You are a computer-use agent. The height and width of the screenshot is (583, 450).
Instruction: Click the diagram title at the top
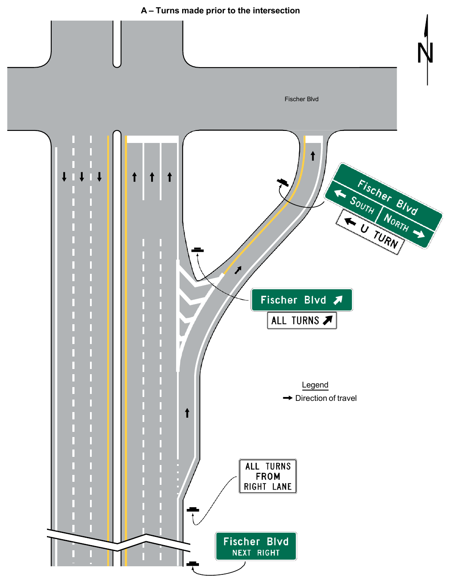(220, 11)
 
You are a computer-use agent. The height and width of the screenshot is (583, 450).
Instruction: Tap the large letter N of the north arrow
(425, 53)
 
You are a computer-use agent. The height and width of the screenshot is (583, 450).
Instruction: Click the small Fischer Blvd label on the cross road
(301, 99)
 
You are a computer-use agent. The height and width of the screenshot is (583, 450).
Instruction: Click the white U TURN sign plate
(370, 232)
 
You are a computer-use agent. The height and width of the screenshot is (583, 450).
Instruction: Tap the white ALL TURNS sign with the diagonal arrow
(302, 320)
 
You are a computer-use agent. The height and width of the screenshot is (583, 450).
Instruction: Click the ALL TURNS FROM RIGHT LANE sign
(268, 476)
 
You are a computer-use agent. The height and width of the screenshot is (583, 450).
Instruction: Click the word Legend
(315, 385)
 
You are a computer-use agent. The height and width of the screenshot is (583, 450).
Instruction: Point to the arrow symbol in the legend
(288, 398)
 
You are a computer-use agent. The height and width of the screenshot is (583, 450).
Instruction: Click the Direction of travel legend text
(326, 398)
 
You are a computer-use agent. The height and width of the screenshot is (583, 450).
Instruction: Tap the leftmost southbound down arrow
(64, 177)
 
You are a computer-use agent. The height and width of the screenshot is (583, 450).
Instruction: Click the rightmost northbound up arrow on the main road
(170, 177)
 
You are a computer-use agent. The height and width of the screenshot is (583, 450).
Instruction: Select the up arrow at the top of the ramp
(313, 156)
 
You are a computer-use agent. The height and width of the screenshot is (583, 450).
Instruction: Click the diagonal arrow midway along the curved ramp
(238, 270)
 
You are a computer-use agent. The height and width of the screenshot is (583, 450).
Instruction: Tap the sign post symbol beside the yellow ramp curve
(283, 183)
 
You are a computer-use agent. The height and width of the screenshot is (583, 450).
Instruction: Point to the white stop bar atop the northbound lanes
(153, 139)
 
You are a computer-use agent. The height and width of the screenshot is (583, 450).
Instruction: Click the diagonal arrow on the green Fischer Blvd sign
(338, 300)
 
